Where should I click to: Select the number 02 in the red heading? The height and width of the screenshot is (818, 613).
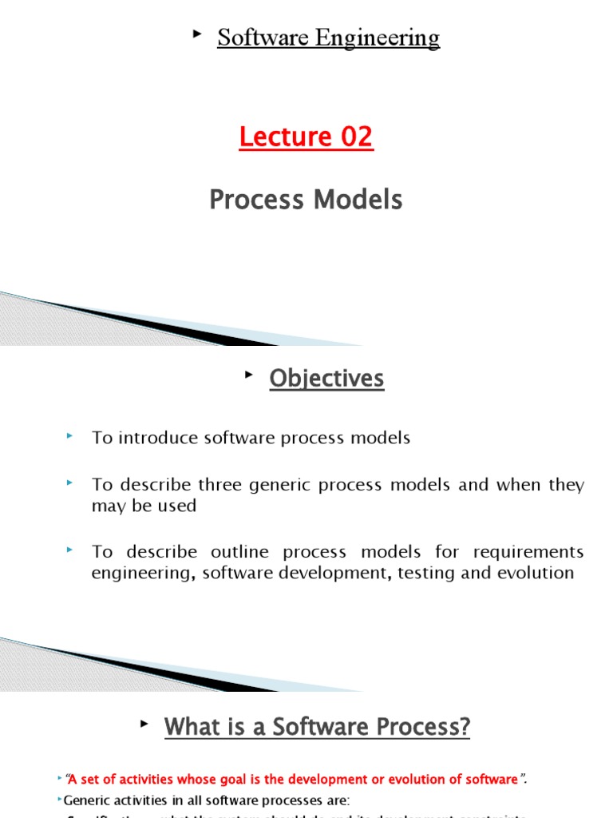pyautogui.click(x=356, y=137)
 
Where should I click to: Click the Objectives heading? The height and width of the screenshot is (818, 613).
pyautogui.click(x=326, y=379)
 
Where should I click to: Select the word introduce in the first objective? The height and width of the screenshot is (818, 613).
pyautogui.click(x=156, y=438)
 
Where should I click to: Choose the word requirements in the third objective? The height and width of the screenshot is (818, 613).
pyautogui.click(x=528, y=552)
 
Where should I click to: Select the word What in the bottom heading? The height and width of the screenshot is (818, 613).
pyautogui.click(x=188, y=727)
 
